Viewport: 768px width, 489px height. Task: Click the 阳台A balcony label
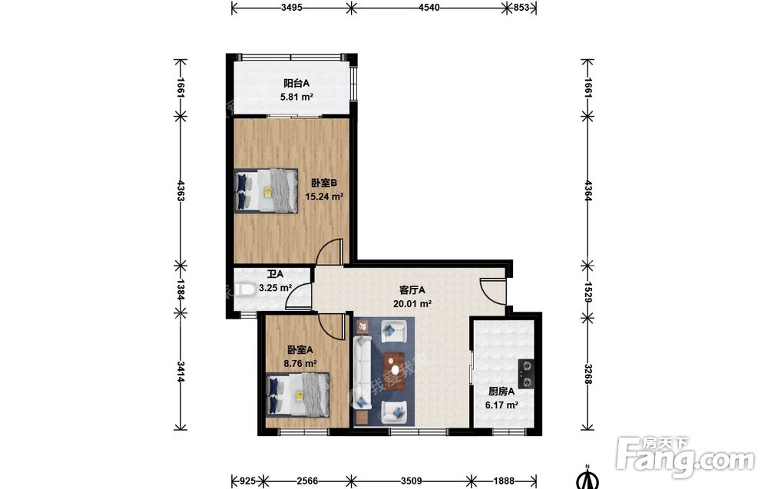(296, 84)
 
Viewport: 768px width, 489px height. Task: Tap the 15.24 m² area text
(324, 197)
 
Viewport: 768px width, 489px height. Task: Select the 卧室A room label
(300, 350)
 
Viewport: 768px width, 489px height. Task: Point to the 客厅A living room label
(412, 290)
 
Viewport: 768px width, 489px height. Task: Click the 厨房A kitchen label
(502, 392)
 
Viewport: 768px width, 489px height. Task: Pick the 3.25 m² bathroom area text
(275, 288)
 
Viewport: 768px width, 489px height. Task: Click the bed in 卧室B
(266, 191)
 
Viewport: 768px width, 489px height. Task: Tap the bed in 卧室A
(297, 395)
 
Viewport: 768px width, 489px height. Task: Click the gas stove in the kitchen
(526, 374)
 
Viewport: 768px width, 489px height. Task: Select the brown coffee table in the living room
(394, 372)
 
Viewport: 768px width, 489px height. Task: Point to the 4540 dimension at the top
(429, 8)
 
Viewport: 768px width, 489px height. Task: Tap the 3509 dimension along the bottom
(412, 481)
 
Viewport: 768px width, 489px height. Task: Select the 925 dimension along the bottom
(248, 481)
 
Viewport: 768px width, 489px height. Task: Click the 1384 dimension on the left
(180, 289)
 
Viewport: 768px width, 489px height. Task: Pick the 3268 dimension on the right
(588, 372)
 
